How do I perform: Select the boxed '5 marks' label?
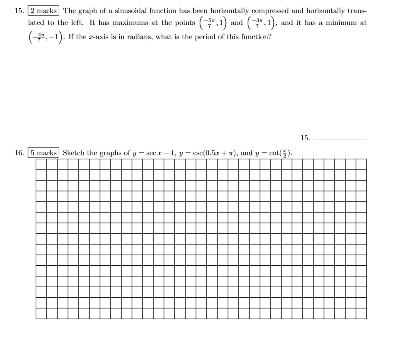pos(44,153)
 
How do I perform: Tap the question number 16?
pos(19,153)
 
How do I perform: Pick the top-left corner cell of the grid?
pos(41,164)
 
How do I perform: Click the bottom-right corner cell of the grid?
pos(361,313)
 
